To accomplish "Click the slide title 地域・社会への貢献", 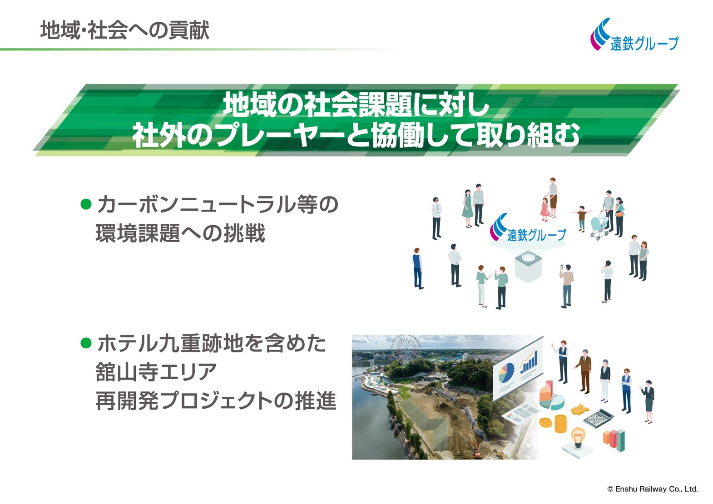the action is click(125, 30).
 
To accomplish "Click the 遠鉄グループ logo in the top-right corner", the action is click(634, 35).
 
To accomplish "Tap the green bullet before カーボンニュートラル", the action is click(86, 204).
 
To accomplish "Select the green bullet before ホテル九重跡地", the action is click(86, 343).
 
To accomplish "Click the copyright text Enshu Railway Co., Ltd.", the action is click(653, 489).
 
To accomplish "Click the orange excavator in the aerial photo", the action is click(477, 449).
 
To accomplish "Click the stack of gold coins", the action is click(561, 423).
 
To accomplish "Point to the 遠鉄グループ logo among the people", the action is click(528, 228).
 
